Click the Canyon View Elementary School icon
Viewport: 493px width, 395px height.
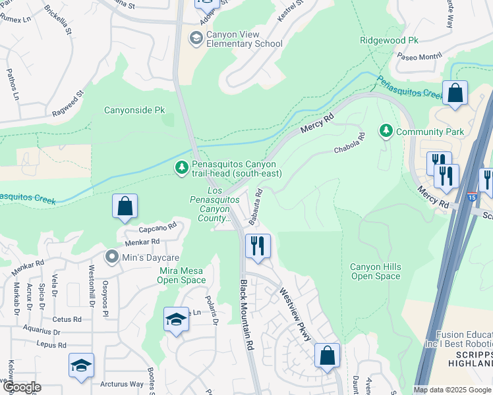196,38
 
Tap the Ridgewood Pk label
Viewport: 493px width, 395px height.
389,40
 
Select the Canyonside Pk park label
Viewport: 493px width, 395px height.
134,110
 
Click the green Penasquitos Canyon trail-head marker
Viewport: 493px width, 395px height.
181,169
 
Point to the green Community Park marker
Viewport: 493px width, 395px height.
386,131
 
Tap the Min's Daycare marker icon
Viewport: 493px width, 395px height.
113,256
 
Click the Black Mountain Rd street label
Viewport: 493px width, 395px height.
246,315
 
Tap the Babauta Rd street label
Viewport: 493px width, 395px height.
255,207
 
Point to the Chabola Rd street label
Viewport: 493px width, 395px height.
349,144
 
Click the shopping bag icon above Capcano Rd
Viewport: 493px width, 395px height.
125,207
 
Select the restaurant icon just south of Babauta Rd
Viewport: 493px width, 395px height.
258,246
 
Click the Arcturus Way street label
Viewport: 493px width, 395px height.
121,384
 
